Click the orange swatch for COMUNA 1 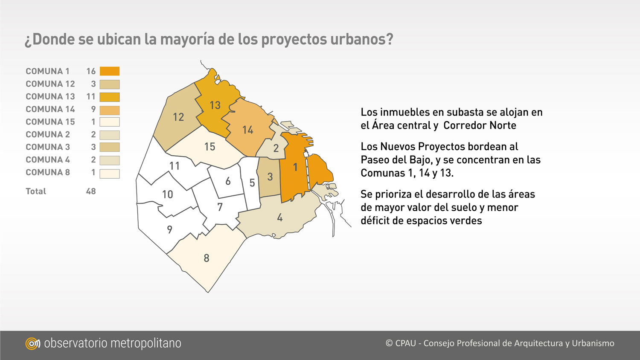[x=109, y=71]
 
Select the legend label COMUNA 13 [x=50, y=96]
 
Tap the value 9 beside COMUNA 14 [x=93, y=109]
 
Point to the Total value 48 [x=91, y=191]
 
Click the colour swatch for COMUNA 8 [x=109, y=174]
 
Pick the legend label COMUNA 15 [x=50, y=122]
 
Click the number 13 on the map [x=215, y=105]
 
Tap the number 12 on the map [x=178, y=117]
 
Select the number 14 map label [x=248, y=130]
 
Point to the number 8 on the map [x=206, y=258]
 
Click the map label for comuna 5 [x=252, y=183]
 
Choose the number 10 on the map [x=167, y=194]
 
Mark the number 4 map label [x=280, y=218]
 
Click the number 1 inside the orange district [x=295, y=167]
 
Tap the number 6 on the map [x=228, y=181]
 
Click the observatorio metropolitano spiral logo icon [x=32, y=343]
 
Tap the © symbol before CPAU [x=389, y=343]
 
